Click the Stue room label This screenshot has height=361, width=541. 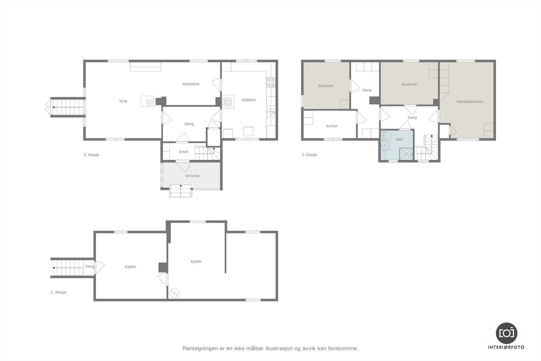pos(123,101)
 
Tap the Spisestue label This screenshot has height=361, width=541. pos(191,84)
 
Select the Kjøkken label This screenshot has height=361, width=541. pos(249,100)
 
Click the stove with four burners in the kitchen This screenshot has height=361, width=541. pos(271,82)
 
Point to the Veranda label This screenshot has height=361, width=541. pos(192,176)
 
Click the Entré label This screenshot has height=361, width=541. pos(184,152)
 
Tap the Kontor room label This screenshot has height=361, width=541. pos(332,126)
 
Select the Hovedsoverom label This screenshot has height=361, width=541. pos(470,101)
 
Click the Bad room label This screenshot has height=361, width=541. pos(399,139)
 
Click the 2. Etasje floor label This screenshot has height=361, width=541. pos(91,155)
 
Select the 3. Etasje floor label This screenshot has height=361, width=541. pos(309,155)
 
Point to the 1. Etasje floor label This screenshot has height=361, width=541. pos(58,292)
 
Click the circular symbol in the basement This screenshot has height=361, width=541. pos(174,293)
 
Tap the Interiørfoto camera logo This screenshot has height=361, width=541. pos(506,333)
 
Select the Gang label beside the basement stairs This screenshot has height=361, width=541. pos(90,266)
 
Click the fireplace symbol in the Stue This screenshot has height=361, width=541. pos(149,101)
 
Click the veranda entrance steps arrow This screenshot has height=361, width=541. pos(181,186)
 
